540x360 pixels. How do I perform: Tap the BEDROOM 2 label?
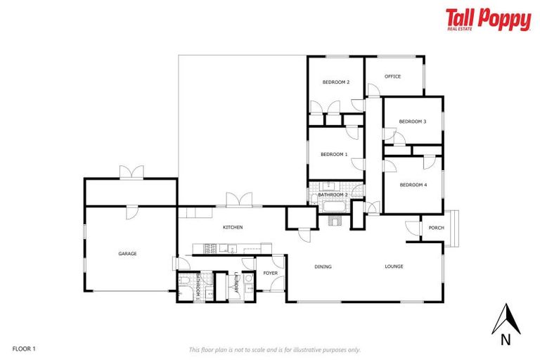point(336,82)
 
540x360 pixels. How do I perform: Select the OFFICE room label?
point(392,77)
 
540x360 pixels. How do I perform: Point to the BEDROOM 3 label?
point(413,122)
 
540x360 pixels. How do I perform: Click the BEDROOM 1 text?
point(334,154)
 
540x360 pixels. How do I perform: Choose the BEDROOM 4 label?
point(413,185)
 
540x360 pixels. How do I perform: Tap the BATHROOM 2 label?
point(333,195)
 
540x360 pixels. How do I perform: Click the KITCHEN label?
point(233,228)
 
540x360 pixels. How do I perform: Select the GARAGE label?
point(127,253)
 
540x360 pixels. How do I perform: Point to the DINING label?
point(323,266)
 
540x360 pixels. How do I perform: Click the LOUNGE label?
point(394,266)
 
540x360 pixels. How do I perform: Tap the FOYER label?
point(270,272)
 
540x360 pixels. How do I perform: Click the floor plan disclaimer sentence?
point(274,349)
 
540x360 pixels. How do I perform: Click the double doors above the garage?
point(131,172)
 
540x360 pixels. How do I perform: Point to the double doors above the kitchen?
point(238,199)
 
